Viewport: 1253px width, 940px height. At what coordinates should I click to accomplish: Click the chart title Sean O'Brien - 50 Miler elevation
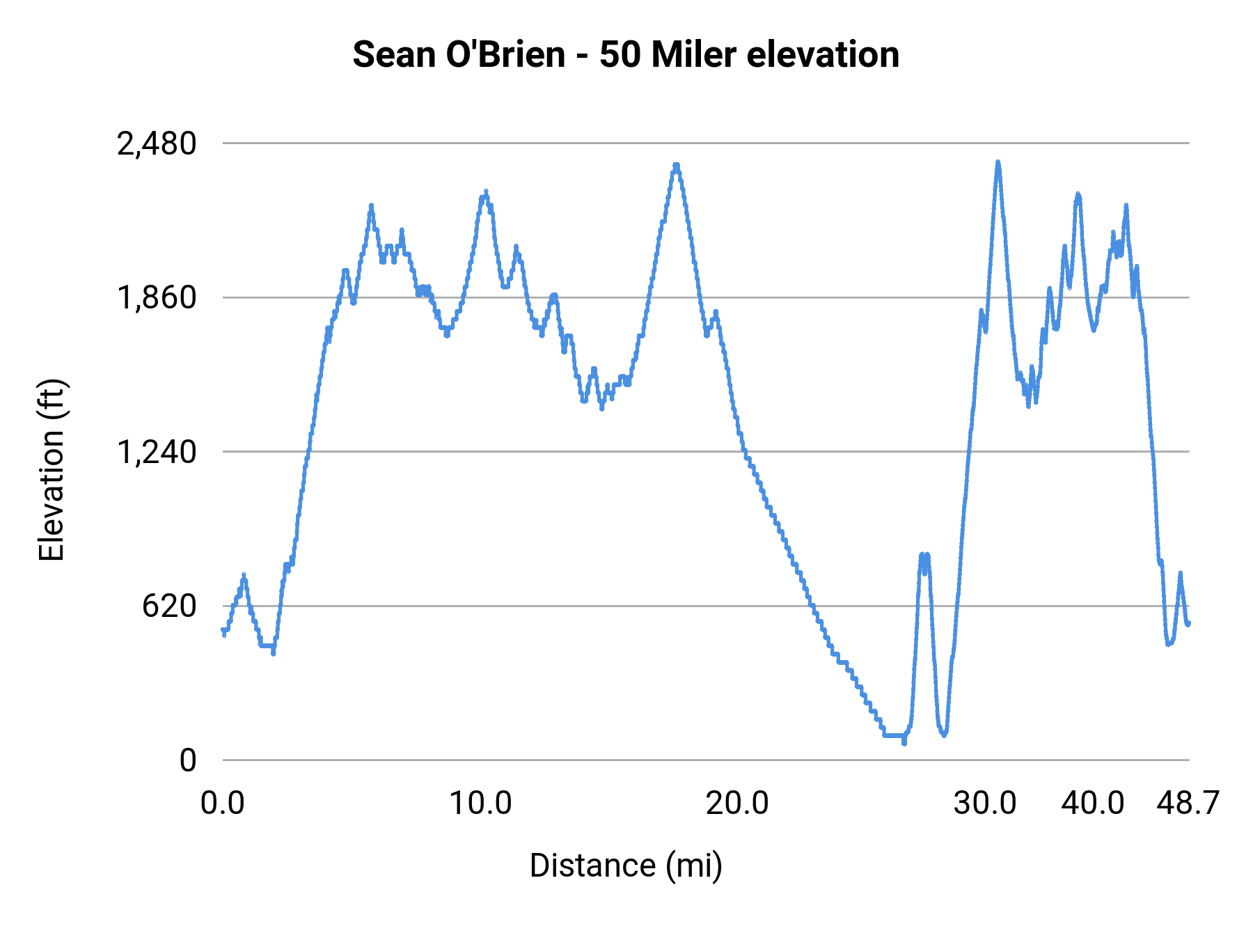pos(626,55)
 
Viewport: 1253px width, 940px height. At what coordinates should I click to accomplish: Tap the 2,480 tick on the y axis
pos(157,144)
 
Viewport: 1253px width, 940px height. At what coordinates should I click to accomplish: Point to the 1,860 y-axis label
pos(157,298)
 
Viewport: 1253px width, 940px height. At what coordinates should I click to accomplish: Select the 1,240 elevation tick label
pos(157,453)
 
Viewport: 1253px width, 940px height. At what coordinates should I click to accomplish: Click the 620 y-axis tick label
pos(169,606)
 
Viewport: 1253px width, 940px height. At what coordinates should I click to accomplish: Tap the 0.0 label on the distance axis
pos(223,804)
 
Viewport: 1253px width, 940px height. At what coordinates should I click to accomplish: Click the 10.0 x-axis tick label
pos(480,804)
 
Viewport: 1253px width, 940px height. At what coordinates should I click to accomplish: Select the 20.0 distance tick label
pos(737,804)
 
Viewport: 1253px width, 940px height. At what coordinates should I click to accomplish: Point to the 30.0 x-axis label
pos(985,804)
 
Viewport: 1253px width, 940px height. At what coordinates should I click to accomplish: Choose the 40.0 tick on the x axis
pos(1093,804)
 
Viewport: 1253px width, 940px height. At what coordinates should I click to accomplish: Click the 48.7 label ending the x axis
pos(1188,804)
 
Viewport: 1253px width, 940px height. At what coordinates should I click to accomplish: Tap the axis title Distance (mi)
pos(626,865)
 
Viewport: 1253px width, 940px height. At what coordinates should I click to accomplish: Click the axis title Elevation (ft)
pos(52,471)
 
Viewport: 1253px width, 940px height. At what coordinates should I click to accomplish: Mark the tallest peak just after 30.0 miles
pos(998,162)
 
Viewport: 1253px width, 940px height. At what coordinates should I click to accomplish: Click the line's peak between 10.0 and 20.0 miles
pos(676,166)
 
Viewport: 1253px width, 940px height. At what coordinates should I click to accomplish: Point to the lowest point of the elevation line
pos(904,743)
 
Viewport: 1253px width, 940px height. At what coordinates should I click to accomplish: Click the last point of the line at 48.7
pos(1188,623)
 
